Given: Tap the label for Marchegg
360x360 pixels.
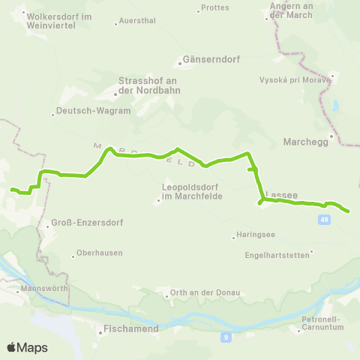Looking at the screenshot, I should point(306,141).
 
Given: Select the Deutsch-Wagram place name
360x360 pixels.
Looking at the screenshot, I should point(82,111).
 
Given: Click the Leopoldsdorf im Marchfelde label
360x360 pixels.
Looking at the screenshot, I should point(190,193).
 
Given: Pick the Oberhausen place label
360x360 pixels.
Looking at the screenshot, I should point(99,253).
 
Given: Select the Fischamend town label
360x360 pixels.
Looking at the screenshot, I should point(129,328).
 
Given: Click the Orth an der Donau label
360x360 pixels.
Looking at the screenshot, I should point(194,292).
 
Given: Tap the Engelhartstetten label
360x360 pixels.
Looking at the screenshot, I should point(277,254).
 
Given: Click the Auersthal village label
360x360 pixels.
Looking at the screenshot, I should point(137,22).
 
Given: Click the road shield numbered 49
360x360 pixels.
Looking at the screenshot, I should point(322,219).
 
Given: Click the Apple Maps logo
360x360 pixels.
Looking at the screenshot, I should point(27,347).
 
